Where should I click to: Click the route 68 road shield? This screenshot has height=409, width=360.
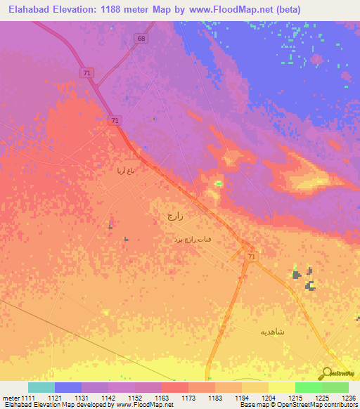point(143,38)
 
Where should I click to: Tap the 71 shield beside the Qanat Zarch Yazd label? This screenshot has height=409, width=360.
point(252,258)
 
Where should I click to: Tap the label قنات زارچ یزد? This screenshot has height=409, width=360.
point(193,240)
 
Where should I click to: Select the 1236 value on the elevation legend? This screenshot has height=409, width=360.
point(347,398)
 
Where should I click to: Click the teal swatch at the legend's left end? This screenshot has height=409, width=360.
point(41,387)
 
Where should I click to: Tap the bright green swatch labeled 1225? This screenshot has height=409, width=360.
point(308,387)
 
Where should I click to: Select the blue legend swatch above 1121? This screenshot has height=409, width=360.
point(68,387)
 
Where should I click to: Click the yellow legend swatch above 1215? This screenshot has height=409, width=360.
point(281,387)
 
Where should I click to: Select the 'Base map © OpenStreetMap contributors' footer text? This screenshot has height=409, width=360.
point(297,405)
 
